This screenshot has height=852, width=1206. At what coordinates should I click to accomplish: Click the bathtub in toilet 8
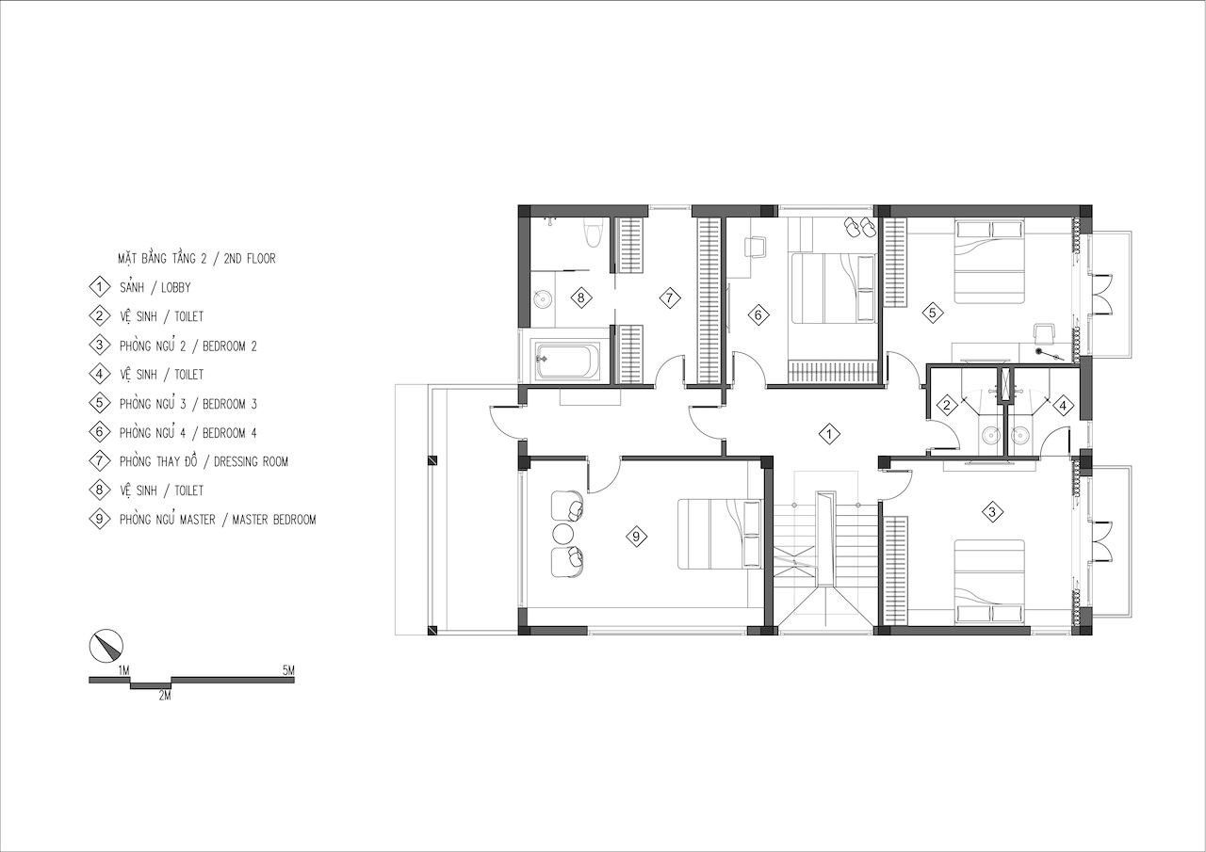point(565,361)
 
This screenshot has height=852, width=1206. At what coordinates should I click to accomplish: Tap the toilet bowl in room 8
point(593,233)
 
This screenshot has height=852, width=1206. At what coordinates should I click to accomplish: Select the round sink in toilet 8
point(542,299)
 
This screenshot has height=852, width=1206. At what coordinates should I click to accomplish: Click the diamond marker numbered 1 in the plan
point(829,434)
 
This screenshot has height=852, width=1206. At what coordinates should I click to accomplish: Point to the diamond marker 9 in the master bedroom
point(636,537)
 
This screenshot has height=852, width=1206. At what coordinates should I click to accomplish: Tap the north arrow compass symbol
point(106,646)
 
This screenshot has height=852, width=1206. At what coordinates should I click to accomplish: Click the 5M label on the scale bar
point(288,670)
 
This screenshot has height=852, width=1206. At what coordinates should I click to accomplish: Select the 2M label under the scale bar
point(165,696)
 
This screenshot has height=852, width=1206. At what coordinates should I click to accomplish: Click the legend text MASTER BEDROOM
point(274,520)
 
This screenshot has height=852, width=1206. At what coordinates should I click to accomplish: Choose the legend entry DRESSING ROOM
point(251,461)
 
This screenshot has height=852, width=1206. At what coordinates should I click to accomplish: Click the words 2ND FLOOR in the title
point(250,259)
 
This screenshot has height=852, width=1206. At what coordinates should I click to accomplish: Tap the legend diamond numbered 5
point(100,404)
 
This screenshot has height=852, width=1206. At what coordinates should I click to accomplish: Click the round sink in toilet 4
point(1019,435)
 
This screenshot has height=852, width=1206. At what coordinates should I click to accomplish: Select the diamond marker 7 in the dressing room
point(670,297)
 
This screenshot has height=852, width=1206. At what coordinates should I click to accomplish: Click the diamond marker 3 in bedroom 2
point(993,511)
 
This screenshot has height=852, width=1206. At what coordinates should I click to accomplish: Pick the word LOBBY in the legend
point(176,288)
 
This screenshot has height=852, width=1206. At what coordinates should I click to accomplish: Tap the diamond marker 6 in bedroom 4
point(758,314)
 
